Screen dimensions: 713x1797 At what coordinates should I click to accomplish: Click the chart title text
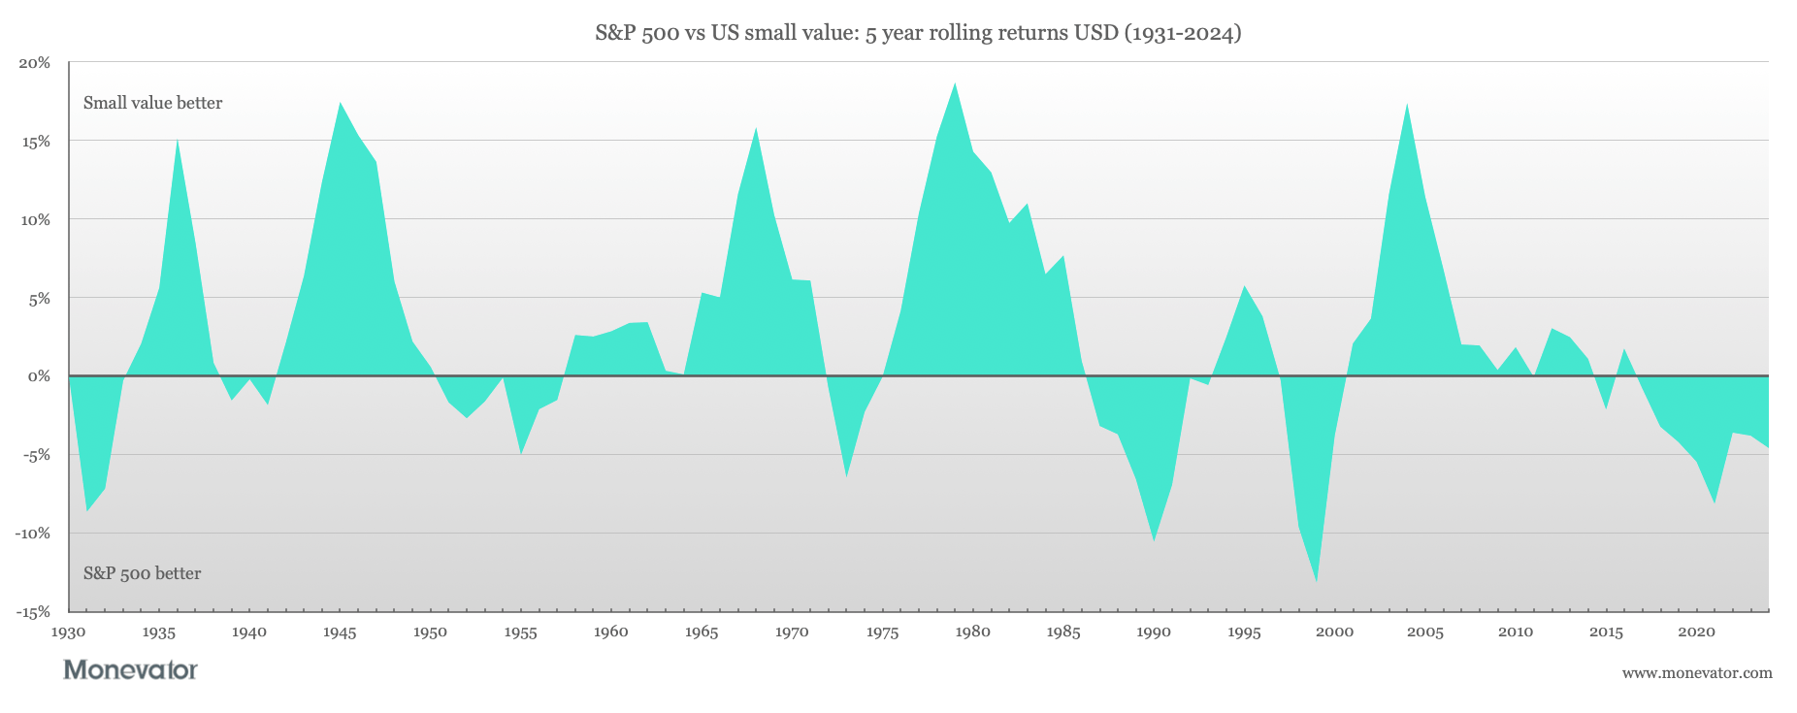point(918,34)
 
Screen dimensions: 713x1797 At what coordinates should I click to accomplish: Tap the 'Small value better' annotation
point(152,103)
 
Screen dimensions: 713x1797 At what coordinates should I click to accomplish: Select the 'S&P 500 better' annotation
point(142,573)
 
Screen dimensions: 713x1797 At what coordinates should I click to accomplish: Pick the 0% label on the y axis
point(40,376)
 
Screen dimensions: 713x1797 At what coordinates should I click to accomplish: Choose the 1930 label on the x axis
point(68,632)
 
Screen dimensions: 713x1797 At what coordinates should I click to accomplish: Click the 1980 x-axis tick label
point(972,632)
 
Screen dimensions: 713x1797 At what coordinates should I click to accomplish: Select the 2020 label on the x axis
point(1696,632)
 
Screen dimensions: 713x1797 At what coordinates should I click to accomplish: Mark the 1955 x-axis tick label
point(520,632)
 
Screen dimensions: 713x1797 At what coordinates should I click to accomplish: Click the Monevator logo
point(130,669)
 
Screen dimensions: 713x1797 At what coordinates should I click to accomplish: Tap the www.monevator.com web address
point(1696,672)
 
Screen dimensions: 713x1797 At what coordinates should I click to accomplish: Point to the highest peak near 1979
point(955,83)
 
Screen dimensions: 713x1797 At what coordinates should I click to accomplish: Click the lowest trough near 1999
point(1317,581)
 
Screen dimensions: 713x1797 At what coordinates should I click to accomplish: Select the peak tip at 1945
point(340,103)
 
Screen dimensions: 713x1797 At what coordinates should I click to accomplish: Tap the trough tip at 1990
point(1154,539)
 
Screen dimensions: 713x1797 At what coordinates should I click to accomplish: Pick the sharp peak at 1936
point(177,141)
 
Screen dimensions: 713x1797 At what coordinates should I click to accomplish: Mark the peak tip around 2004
point(1407,104)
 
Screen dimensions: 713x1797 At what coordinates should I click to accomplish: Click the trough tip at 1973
point(846,476)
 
